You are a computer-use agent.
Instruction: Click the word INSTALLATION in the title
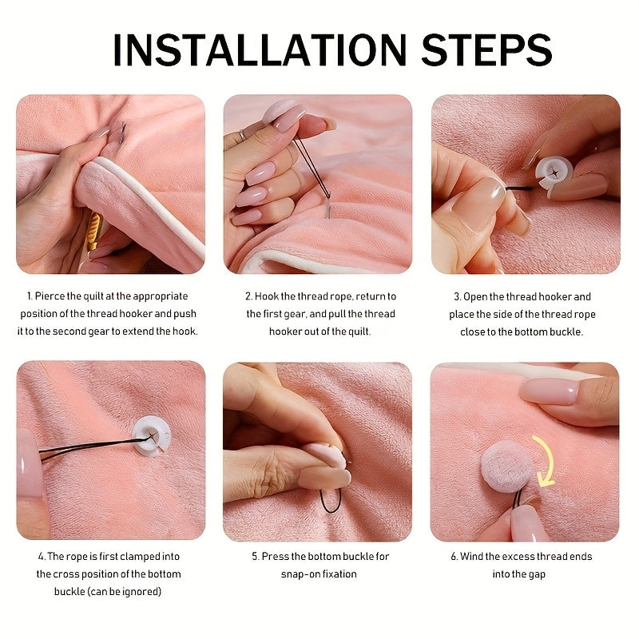point(260,50)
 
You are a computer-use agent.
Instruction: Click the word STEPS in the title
point(486,50)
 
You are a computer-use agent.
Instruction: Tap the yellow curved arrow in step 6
point(547,461)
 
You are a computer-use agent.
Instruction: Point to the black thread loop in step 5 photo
point(331,502)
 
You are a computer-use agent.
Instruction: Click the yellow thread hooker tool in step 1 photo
point(94,231)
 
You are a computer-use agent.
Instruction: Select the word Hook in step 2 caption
point(267,296)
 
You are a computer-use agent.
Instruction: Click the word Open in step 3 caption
point(475,297)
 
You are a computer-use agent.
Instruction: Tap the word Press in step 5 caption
point(275,557)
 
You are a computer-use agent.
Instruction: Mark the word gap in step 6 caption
point(537,575)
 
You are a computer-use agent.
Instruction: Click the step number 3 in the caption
point(457,297)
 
